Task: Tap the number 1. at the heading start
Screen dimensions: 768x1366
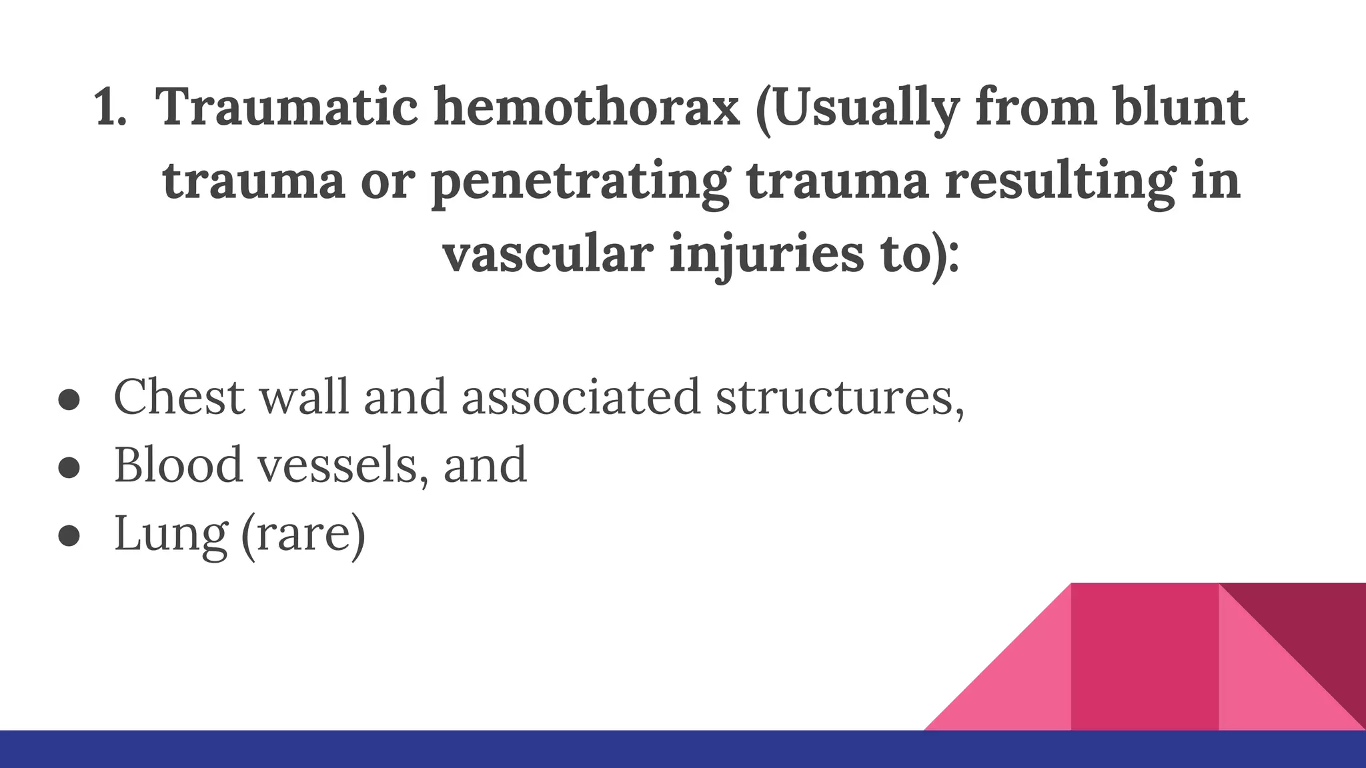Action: pyautogui.click(x=111, y=108)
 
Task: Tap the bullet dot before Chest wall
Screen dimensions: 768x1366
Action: pyautogui.click(x=69, y=399)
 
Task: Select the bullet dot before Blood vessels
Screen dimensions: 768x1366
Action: pyautogui.click(x=69, y=467)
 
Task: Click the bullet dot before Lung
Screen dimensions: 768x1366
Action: pyautogui.click(x=69, y=535)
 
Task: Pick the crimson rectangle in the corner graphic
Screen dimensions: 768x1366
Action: pyautogui.click(x=1145, y=657)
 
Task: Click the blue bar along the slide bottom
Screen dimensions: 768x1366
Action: pyautogui.click(x=467, y=749)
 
